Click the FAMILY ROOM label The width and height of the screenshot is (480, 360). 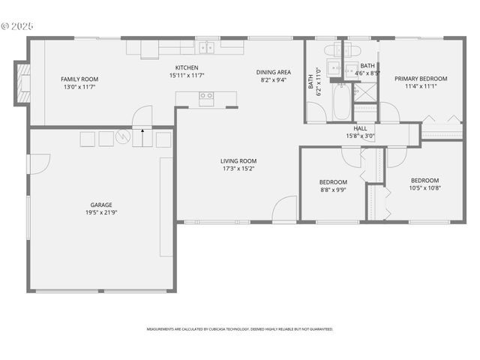coord(79,79)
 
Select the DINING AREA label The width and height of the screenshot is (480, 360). coord(274,72)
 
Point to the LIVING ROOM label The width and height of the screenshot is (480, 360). coord(238,160)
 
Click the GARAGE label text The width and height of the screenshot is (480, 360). coord(101,204)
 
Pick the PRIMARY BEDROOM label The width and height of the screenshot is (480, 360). coord(421,78)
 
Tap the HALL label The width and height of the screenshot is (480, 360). coord(360,128)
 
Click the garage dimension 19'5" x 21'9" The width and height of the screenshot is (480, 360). coord(101,212)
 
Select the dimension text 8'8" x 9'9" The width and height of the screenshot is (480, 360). coord(333,190)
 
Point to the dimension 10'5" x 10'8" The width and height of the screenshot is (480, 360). coord(424,187)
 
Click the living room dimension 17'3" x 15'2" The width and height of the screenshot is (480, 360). coord(238,169)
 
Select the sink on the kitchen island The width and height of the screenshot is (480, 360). coord(205,95)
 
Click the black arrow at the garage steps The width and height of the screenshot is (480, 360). coord(142,131)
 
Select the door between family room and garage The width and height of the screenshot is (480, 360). coord(142,116)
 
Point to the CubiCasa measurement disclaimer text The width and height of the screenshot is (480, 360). coord(240,329)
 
